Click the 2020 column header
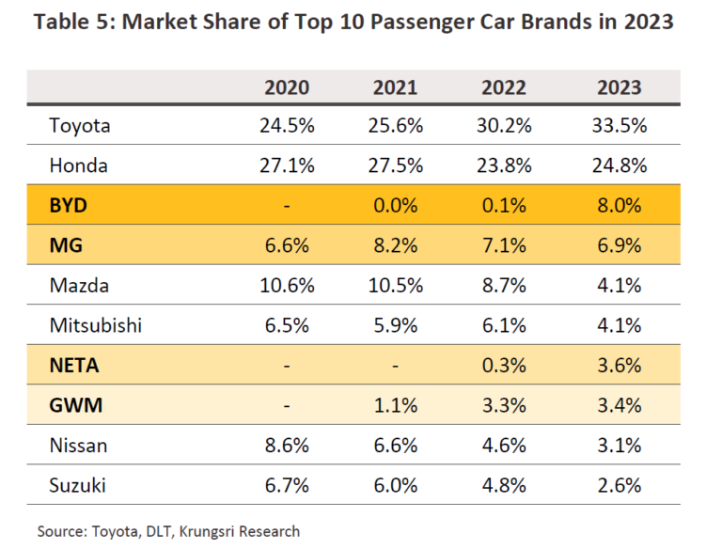point(287,87)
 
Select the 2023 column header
point(619,87)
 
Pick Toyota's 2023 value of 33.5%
point(619,126)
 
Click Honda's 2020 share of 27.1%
point(287,166)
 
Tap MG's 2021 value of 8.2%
point(395,246)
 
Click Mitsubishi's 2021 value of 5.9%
point(395,326)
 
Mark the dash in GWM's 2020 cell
point(287,406)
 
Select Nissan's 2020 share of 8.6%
point(287,446)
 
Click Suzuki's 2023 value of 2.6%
point(619,486)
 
